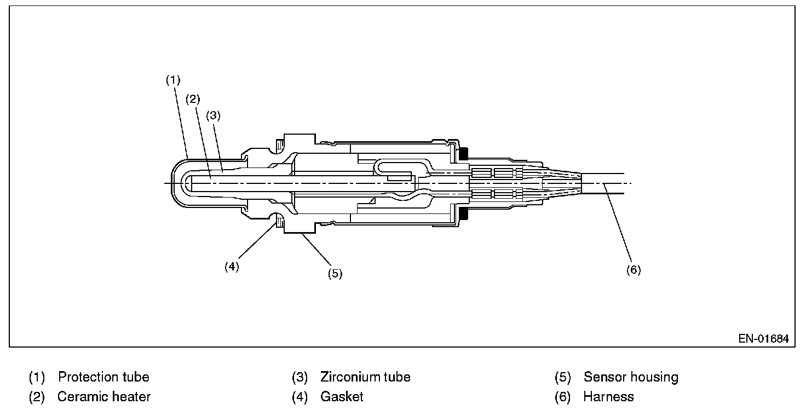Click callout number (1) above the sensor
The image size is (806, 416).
pyautogui.click(x=173, y=80)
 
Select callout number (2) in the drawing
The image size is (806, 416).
pyautogui.click(x=193, y=99)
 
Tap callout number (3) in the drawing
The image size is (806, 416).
pyautogui.click(x=213, y=115)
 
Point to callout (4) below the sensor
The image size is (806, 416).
pyautogui.click(x=232, y=267)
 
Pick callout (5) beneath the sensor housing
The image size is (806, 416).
pyautogui.click(x=335, y=273)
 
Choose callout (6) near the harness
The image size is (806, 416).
pyautogui.click(x=634, y=270)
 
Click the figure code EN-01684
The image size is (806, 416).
pyautogui.click(x=763, y=339)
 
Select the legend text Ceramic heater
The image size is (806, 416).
pyautogui.click(x=104, y=397)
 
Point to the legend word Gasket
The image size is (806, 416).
pyautogui.click(x=342, y=397)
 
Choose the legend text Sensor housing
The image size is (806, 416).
pyautogui.click(x=631, y=377)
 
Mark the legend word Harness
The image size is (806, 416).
pyautogui.click(x=608, y=397)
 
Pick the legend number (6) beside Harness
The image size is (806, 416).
pyautogui.click(x=563, y=397)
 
